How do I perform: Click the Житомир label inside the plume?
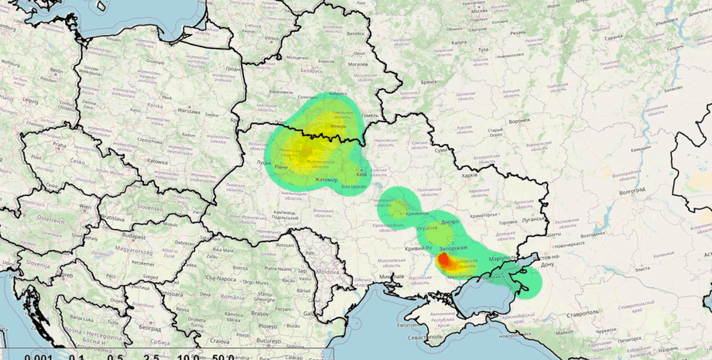pos(327,180)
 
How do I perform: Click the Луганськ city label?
pos(533,220)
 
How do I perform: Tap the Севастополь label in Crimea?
pos(429,338)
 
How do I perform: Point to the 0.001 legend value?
pos(39,357)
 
